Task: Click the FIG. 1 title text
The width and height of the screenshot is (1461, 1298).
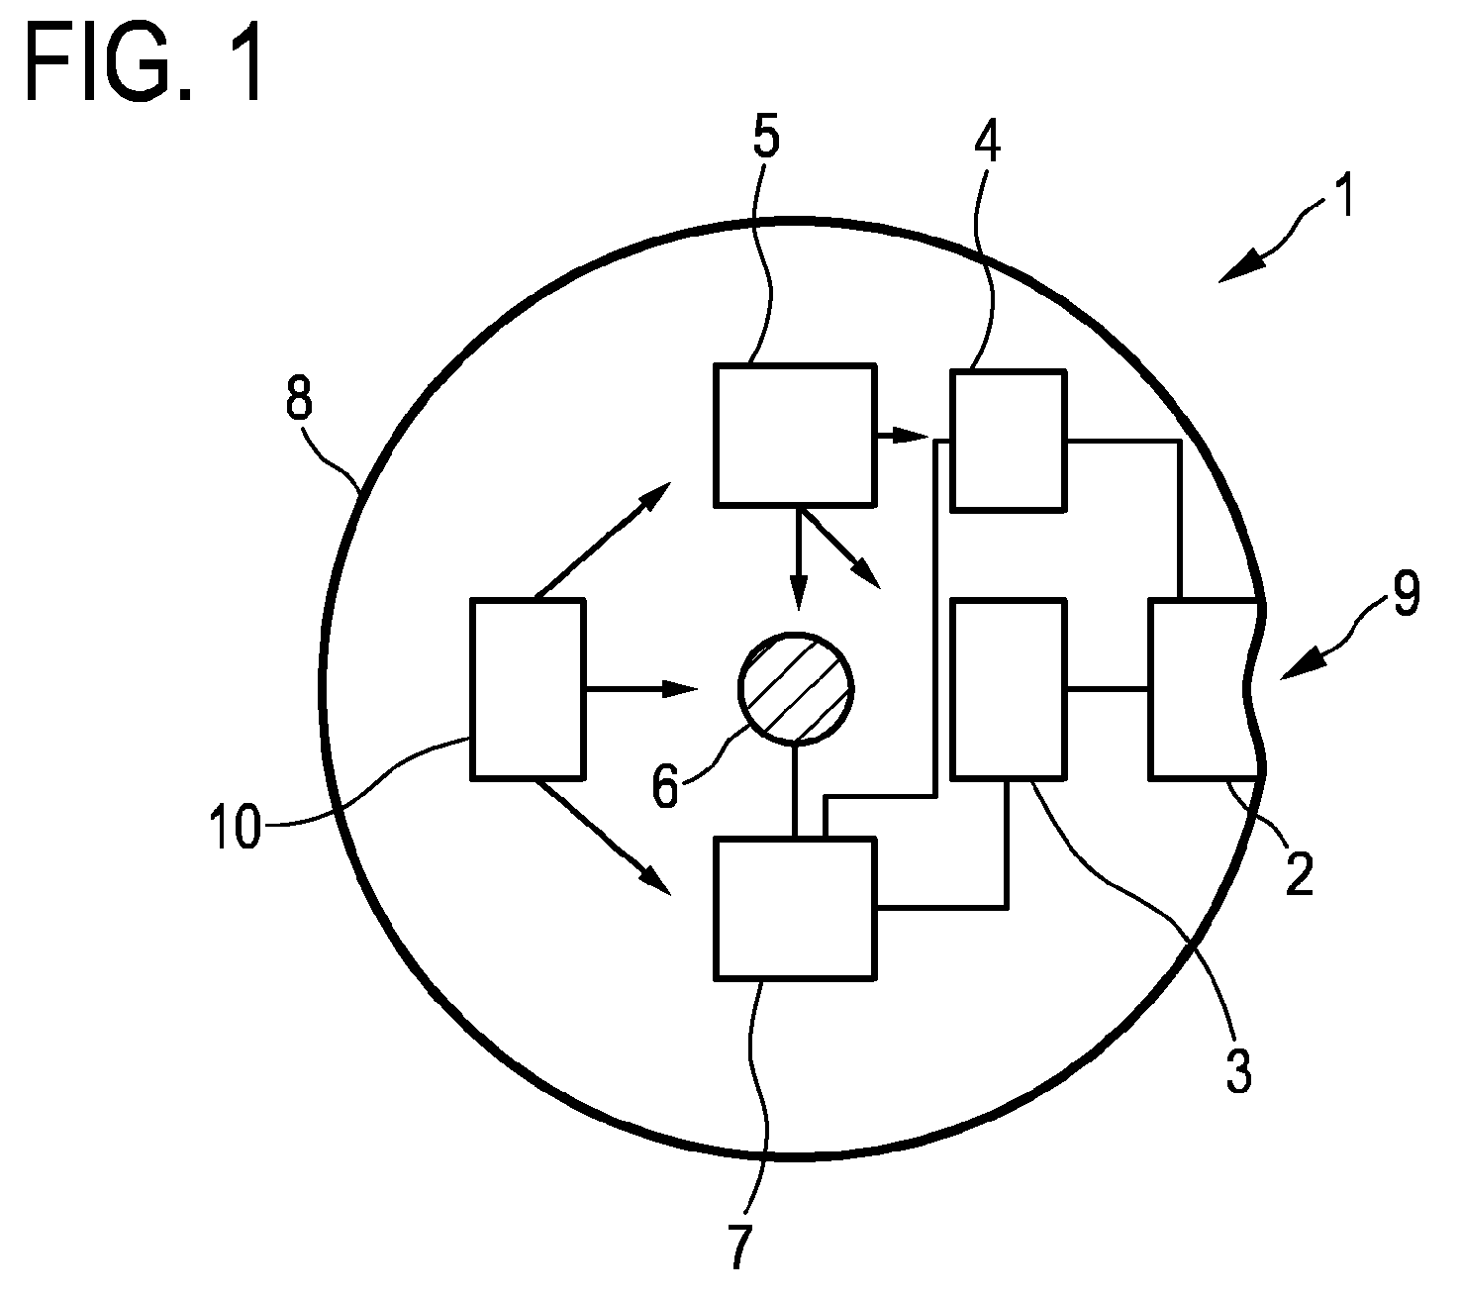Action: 145,64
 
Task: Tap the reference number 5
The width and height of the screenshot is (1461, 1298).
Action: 765,139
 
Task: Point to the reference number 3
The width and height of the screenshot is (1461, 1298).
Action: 1237,1071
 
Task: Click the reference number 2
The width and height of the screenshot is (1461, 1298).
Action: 1299,873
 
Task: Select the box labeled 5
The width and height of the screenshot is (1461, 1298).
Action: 795,436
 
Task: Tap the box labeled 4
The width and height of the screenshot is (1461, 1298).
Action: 1009,441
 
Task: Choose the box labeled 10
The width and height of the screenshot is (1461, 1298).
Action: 527,688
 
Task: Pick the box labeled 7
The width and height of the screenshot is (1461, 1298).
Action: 795,908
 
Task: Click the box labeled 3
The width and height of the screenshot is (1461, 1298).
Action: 1009,688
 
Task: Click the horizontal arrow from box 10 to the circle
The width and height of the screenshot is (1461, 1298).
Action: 641,688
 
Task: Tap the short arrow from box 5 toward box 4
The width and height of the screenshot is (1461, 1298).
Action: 900,436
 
